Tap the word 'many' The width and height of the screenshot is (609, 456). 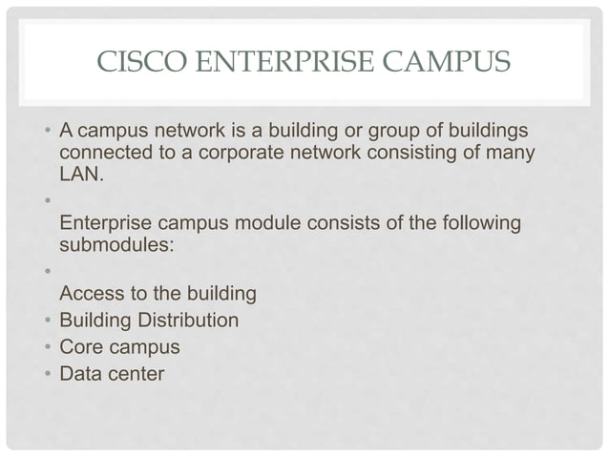point(509,153)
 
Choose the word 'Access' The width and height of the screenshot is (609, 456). point(92,295)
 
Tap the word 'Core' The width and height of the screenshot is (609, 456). point(80,346)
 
